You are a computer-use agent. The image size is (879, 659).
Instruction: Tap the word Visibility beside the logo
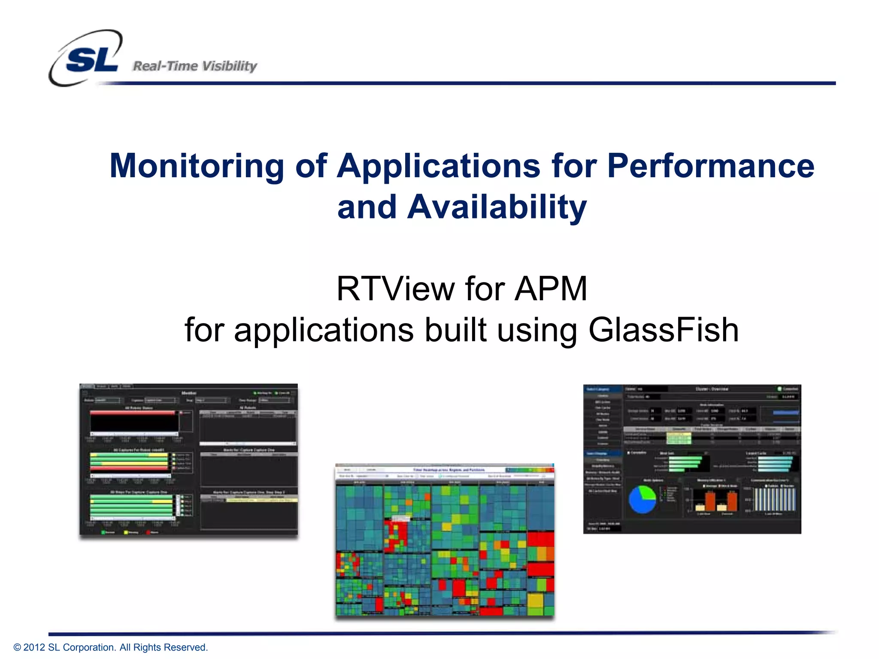[x=230, y=66]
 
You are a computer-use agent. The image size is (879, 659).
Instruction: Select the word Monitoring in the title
[x=197, y=166]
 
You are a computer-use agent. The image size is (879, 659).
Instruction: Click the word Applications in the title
[x=438, y=166]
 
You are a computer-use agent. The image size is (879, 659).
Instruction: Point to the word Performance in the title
[x=710, y=166]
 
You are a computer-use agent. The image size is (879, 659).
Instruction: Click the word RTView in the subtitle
[x=395, y=289]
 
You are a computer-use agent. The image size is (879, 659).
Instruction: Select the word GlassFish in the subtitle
[x=663, y=330]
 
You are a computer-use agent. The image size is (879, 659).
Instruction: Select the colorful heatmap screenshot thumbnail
[x=445, y=541]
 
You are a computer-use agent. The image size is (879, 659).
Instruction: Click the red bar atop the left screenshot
[x=133, y=413]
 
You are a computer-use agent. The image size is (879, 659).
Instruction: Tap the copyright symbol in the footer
[x=17, y=647]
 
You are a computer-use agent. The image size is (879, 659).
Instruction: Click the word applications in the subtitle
[x=324, y=330]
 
